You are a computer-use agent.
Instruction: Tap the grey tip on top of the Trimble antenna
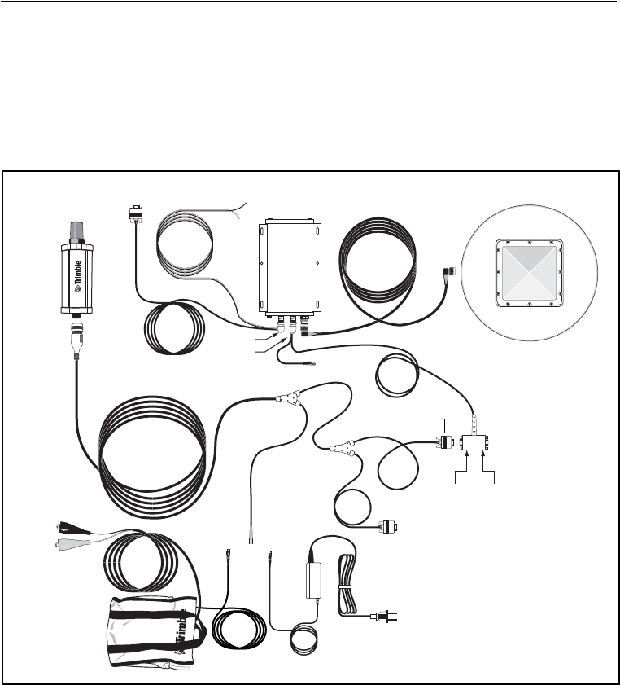[79, 232]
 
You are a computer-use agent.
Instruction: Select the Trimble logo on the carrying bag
[184, 630]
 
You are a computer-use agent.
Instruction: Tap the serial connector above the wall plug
[388, 527]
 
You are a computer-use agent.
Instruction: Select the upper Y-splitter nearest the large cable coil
[288, 399]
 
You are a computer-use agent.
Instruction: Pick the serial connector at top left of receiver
[135, 214]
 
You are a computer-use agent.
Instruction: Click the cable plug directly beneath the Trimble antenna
[77, 336]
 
